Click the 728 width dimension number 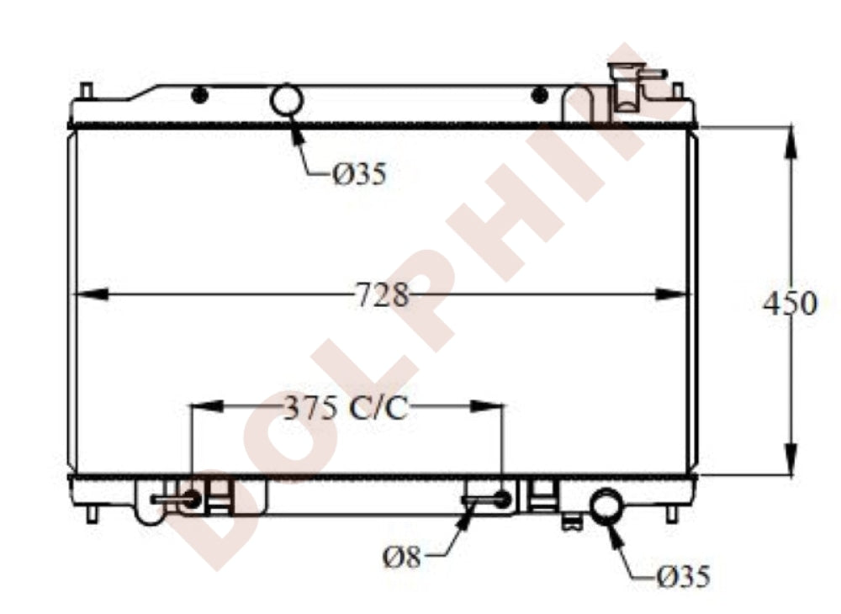(382, 295)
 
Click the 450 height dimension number (789, 303)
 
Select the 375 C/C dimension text (345, 408)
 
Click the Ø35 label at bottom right (683, 576)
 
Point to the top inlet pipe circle (286, 100)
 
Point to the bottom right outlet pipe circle (606, 505)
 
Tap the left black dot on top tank (199, 95)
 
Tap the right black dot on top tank (540, 95)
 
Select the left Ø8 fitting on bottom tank (191, 499)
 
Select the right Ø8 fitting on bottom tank (502, 499)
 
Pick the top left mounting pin (85, 90)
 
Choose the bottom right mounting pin (672, 513)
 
